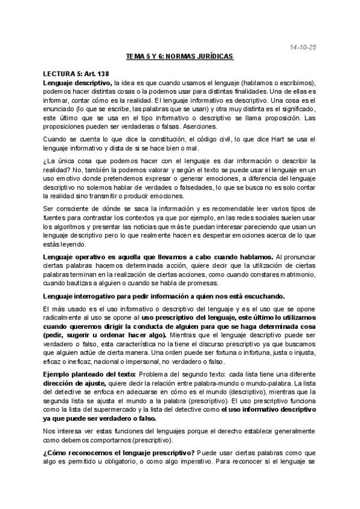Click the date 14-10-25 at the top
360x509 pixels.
[301, 46]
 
